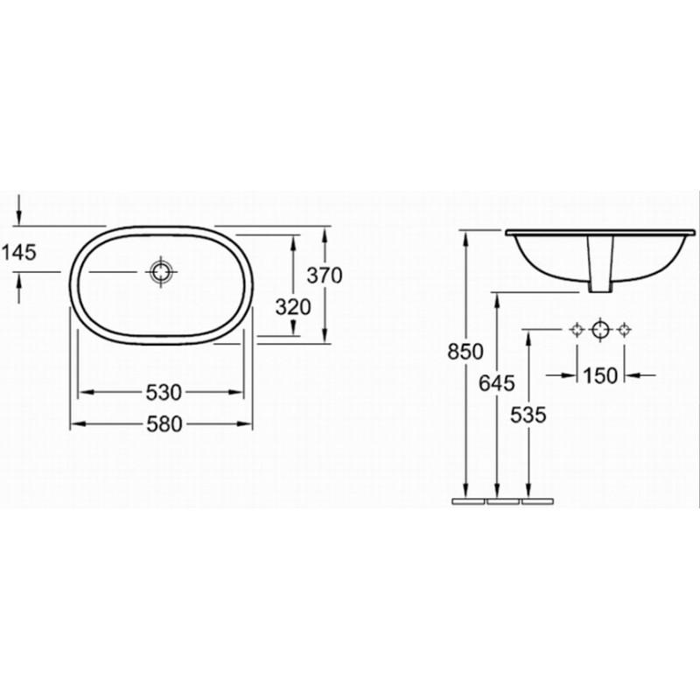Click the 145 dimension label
point(18,253)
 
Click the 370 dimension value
point(324,275)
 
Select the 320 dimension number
point(293,307)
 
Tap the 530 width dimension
point(164,392)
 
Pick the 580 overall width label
point(164,424)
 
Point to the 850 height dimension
point(465,352)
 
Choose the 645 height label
point(497,383)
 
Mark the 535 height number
point(528,415)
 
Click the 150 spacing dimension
point(600,376)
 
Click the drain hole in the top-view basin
point(160,272)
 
